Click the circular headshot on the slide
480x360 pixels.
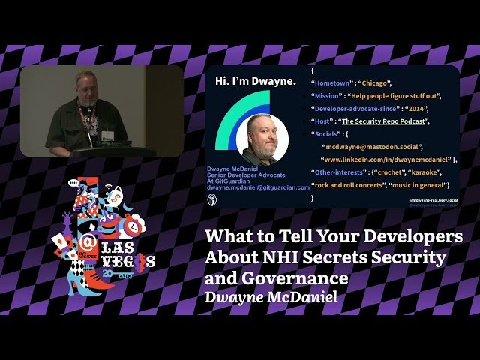click(262, 138)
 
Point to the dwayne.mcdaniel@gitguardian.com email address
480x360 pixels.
click(258, 187)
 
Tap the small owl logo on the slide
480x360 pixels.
click(213, 200)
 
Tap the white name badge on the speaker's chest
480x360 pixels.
click(107, 135)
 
